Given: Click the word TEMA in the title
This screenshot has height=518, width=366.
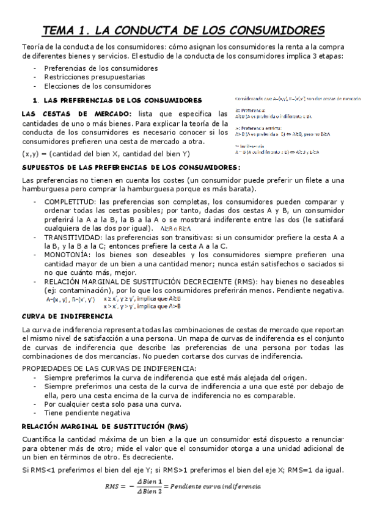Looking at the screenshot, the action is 62,30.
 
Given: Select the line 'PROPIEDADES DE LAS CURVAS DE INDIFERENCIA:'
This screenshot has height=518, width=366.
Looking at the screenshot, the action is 109,368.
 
